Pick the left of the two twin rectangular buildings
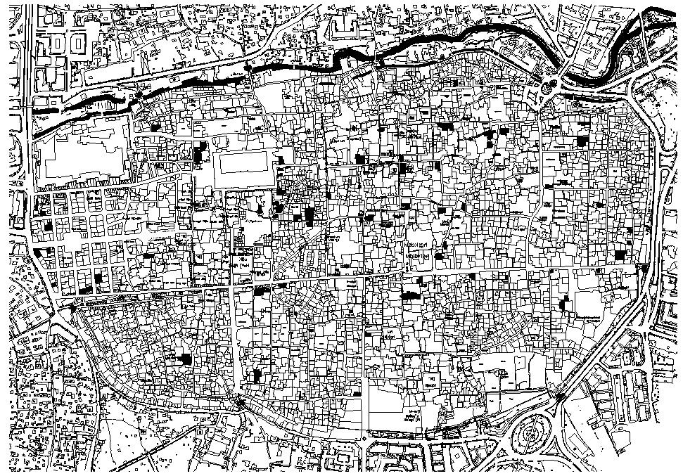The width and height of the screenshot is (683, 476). point(57,44)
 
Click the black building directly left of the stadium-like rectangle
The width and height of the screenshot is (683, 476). point(203,153)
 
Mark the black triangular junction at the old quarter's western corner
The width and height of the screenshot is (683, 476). point(73,308)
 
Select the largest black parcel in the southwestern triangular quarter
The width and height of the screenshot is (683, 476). point(184,359)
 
